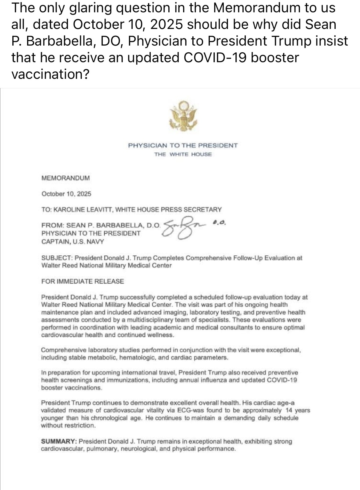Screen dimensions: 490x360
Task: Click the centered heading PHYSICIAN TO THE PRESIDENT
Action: (x=183, y=145)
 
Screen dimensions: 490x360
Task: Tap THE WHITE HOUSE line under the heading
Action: (x=183, y=154)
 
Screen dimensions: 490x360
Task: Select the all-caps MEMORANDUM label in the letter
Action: (x=66, y=178)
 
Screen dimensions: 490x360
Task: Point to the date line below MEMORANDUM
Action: (x=66, y=194)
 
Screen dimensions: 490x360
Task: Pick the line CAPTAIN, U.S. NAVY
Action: (x=73, y=242)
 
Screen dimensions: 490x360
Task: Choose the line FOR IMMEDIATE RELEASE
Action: (x=82, y=281)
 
